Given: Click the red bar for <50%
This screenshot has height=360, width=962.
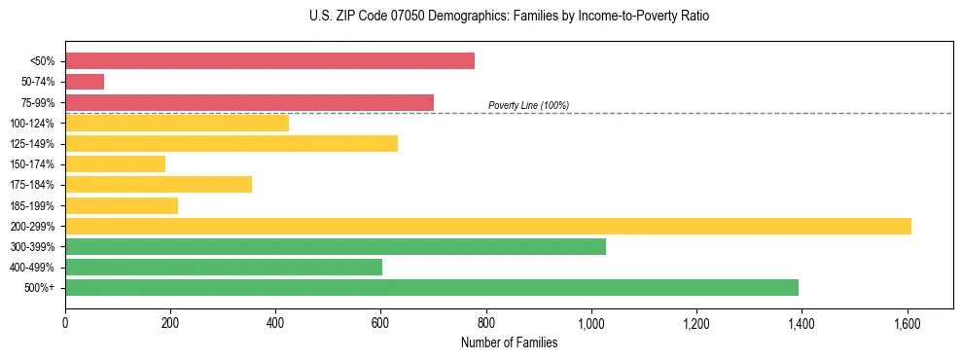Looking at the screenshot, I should click(x=269, y=60).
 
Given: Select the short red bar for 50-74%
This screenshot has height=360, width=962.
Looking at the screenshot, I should click(x=85, y=82).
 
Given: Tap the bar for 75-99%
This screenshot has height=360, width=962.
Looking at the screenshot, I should click(x=249, y=102).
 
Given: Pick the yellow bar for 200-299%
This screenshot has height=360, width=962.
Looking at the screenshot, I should click(x=488, y=226).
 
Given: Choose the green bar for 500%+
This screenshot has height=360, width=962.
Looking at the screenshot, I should click(x=432, y=287).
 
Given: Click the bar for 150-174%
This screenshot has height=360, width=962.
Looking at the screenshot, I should click(x=115, y=163).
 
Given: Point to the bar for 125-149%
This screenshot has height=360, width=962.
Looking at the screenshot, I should click(x=232, y=143).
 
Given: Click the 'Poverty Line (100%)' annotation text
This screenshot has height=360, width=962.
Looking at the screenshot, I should click(x=528, y=105).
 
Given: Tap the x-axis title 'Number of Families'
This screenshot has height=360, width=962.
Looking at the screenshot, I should click(x=510, y=342).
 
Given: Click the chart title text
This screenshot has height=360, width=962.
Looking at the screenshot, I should click(x=510, y=17).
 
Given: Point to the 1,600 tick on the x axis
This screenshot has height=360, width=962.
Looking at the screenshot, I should click(x=908, y=321).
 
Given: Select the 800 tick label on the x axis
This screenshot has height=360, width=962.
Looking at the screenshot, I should click(x=486, y=321).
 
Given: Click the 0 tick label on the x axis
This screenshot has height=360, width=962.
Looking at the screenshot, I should click(x=65, y=321).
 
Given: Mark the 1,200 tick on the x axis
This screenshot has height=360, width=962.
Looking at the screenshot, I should click(x=696, y=321).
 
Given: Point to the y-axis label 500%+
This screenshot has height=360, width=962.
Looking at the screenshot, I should click(x=39, y=287).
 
